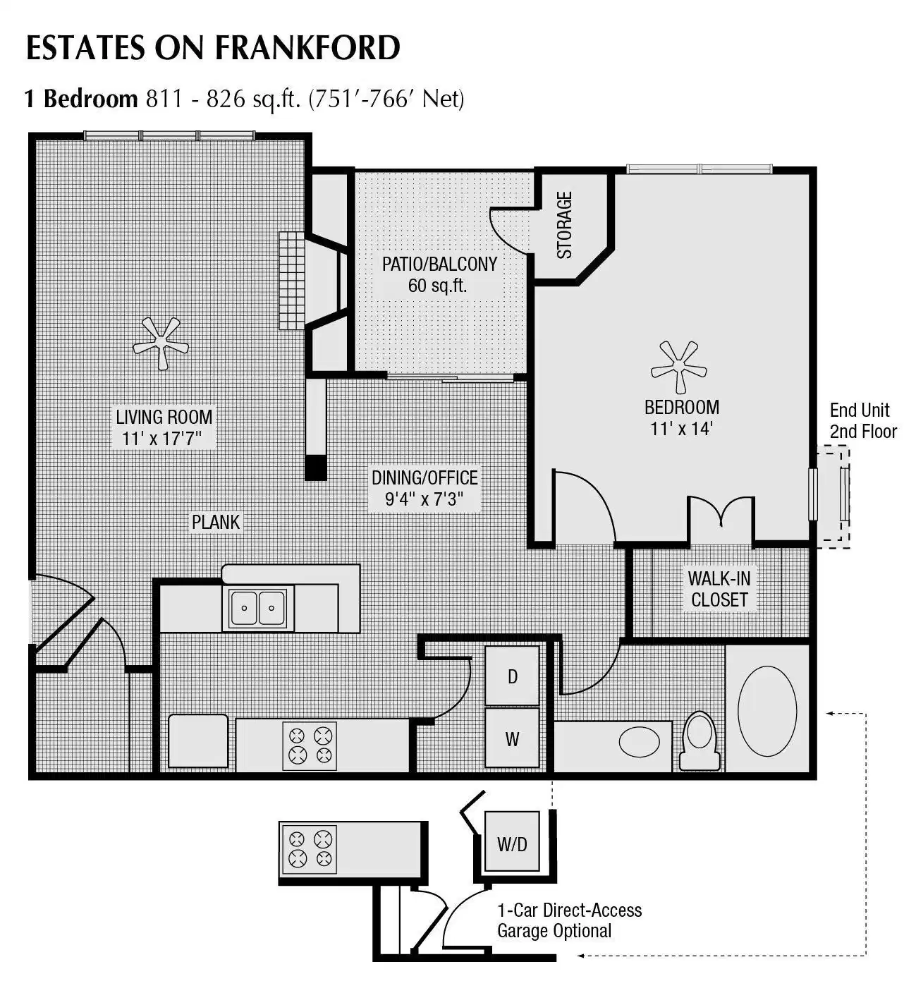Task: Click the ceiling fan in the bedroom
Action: [x=678, y=367]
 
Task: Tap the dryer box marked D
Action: [x=513, y=676]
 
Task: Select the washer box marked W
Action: [x=513, y=739]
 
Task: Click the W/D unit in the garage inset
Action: [x=512, y=843]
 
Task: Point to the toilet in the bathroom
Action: [x=700, y=740]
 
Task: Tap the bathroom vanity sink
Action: [x=640, y=741]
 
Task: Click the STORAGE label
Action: [x=565, y=224]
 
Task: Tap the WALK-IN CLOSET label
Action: [x=719, y=589]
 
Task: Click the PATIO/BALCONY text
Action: [x=439, y=264]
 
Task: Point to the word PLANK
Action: [x=216, y=522]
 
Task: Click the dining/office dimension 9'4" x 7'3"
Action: [x=423, y=499]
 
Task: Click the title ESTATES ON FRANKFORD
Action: [x=213, y=47]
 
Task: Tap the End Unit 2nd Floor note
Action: [x=862, y=420]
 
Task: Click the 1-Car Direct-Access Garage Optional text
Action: [x=569, y=920]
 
